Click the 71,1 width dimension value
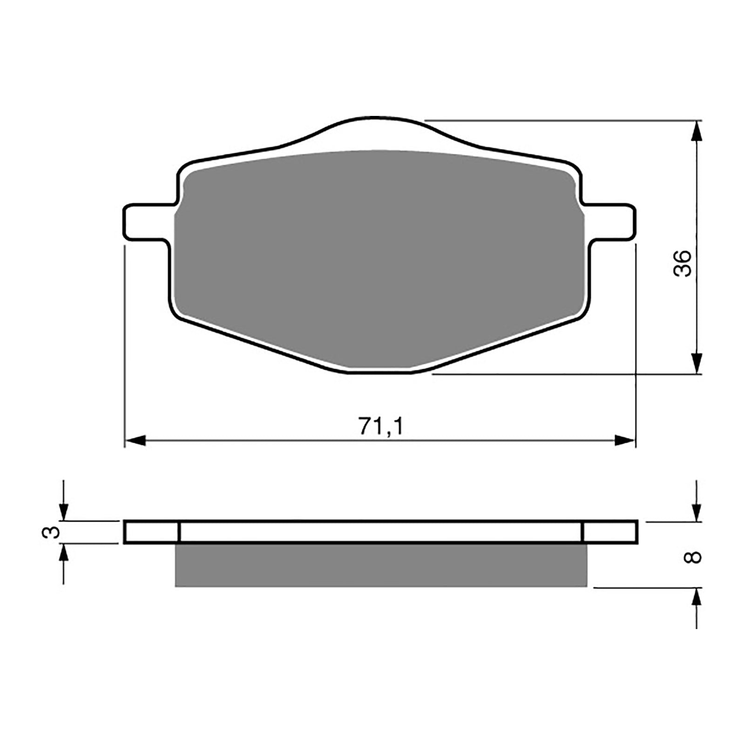tap(380, 426)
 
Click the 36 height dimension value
tap(683, 264)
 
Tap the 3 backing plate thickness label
tap(51, 532)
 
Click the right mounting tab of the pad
tap(611, 222)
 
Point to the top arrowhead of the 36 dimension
tap(696, 132)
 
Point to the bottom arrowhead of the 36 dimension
tap(696, 362)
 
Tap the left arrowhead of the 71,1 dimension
tap(136, 440)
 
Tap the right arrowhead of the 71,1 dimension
tap(624, 440)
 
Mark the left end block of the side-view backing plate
tap(152, 532)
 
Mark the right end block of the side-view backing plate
tap(610, 532)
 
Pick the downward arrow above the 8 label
tap(696, 512)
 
